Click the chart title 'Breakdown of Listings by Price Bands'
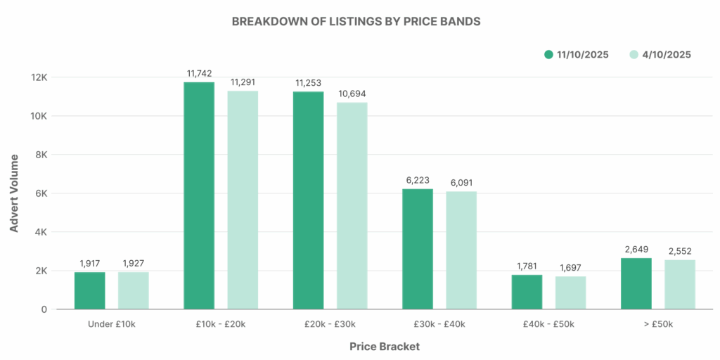pyautogui.click(x=356, y=21)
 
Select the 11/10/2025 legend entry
pyautogui.click(x=576, y=54)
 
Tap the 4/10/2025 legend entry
pyautogui.click(x=660, y=54)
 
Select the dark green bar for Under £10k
pyautogui.click(x=90, y=290)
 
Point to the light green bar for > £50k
pyautogui.click(x=680, y=284)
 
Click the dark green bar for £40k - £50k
pyautogui.click(x=527, y=292)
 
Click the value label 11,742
pyautogui.click(x=199, y=73)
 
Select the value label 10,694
pyautogui.click(x=352, y=94)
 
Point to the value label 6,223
pyautogui.click(x=418, y=180)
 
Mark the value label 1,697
pyautogui.click(x=570, y=268)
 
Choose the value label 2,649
pyautogui.click(x=636, y=249)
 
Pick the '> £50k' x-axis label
pyautogui.click(x=658, y=324)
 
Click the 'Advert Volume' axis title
pyautogui.click(x=14, y=193)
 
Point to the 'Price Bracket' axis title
pyautogui.click(x=385, y=347)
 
